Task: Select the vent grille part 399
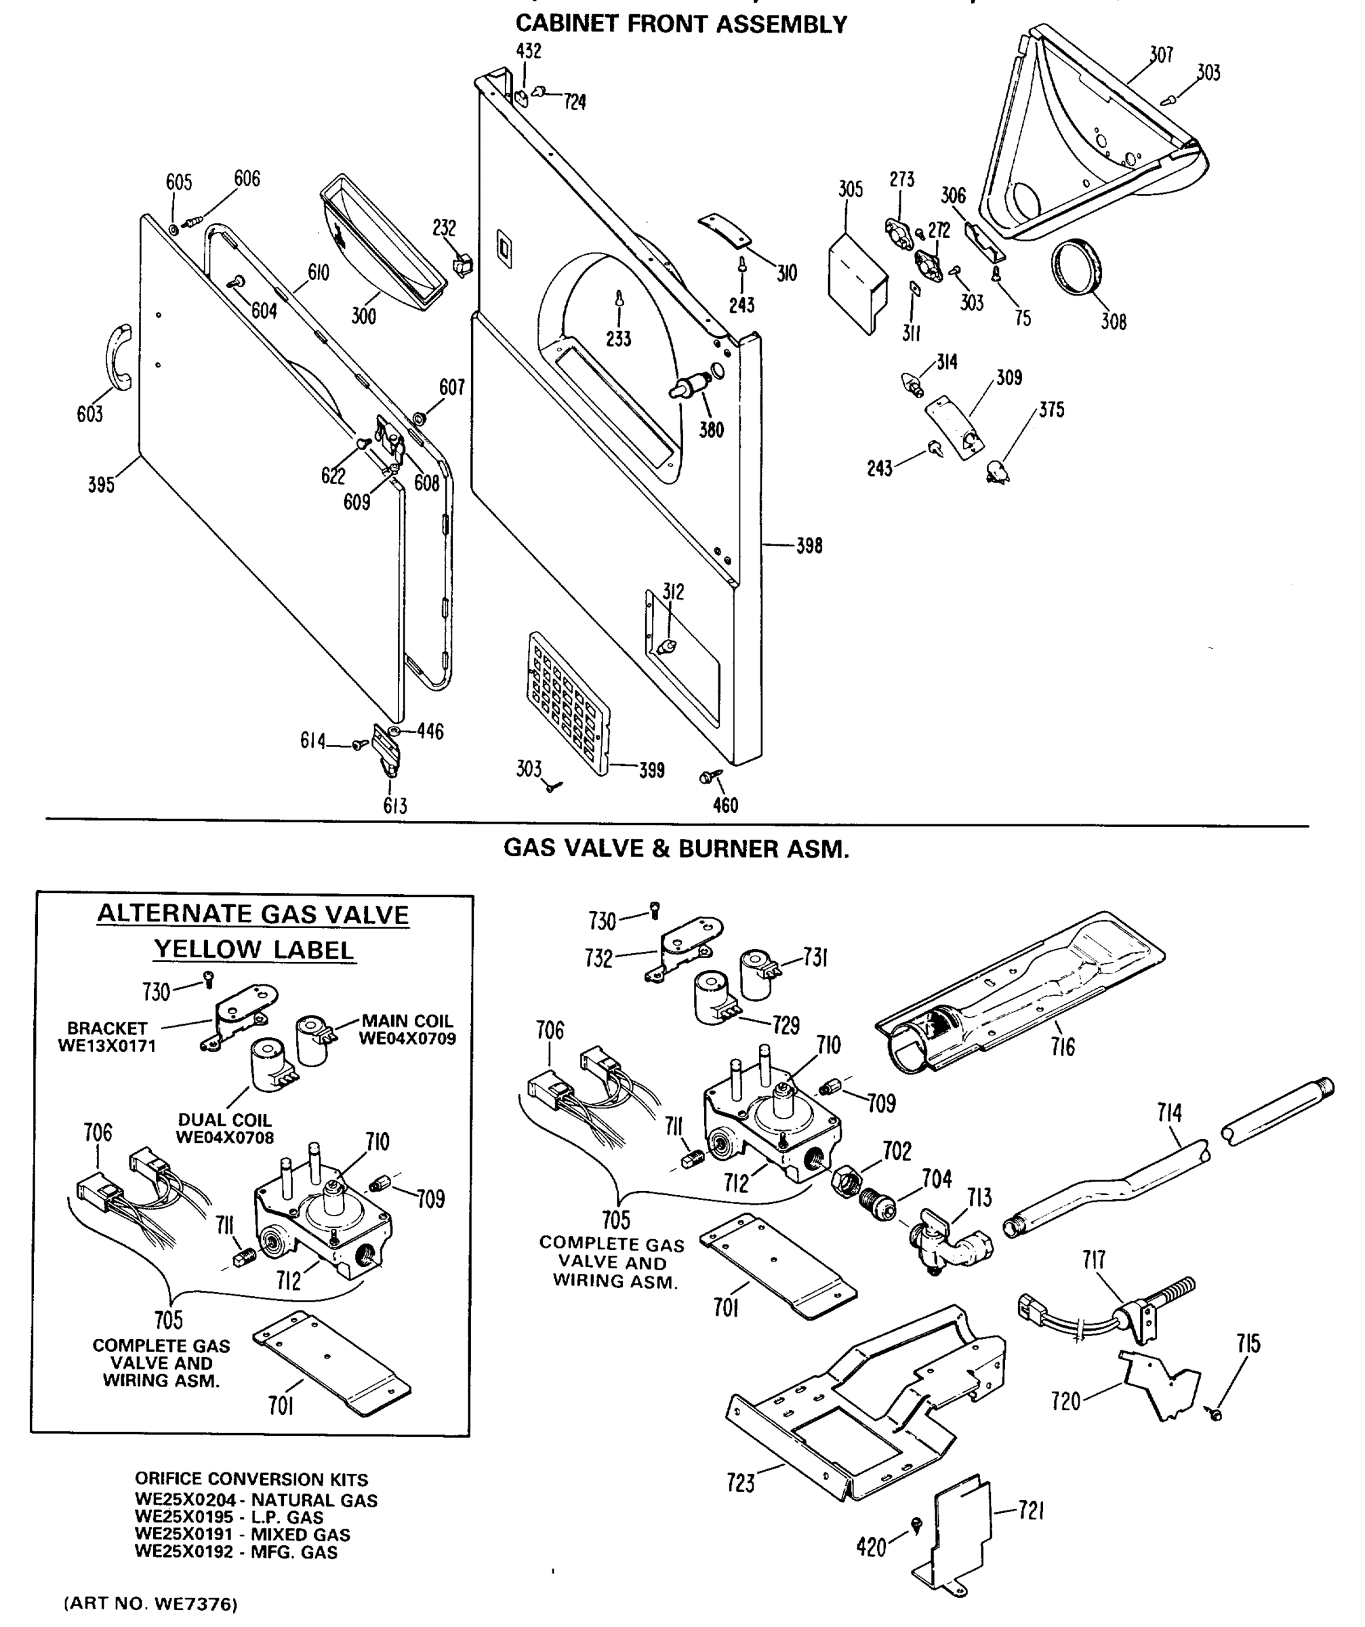point(569,704)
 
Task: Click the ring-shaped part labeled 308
point(1077,267)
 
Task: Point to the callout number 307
point(1160,54)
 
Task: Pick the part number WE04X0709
point(407,1038)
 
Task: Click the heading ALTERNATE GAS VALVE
point(253,915)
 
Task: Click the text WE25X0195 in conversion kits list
point(184,1517)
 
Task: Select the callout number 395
point(101,485)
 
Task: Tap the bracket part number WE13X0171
point(107,1046)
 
